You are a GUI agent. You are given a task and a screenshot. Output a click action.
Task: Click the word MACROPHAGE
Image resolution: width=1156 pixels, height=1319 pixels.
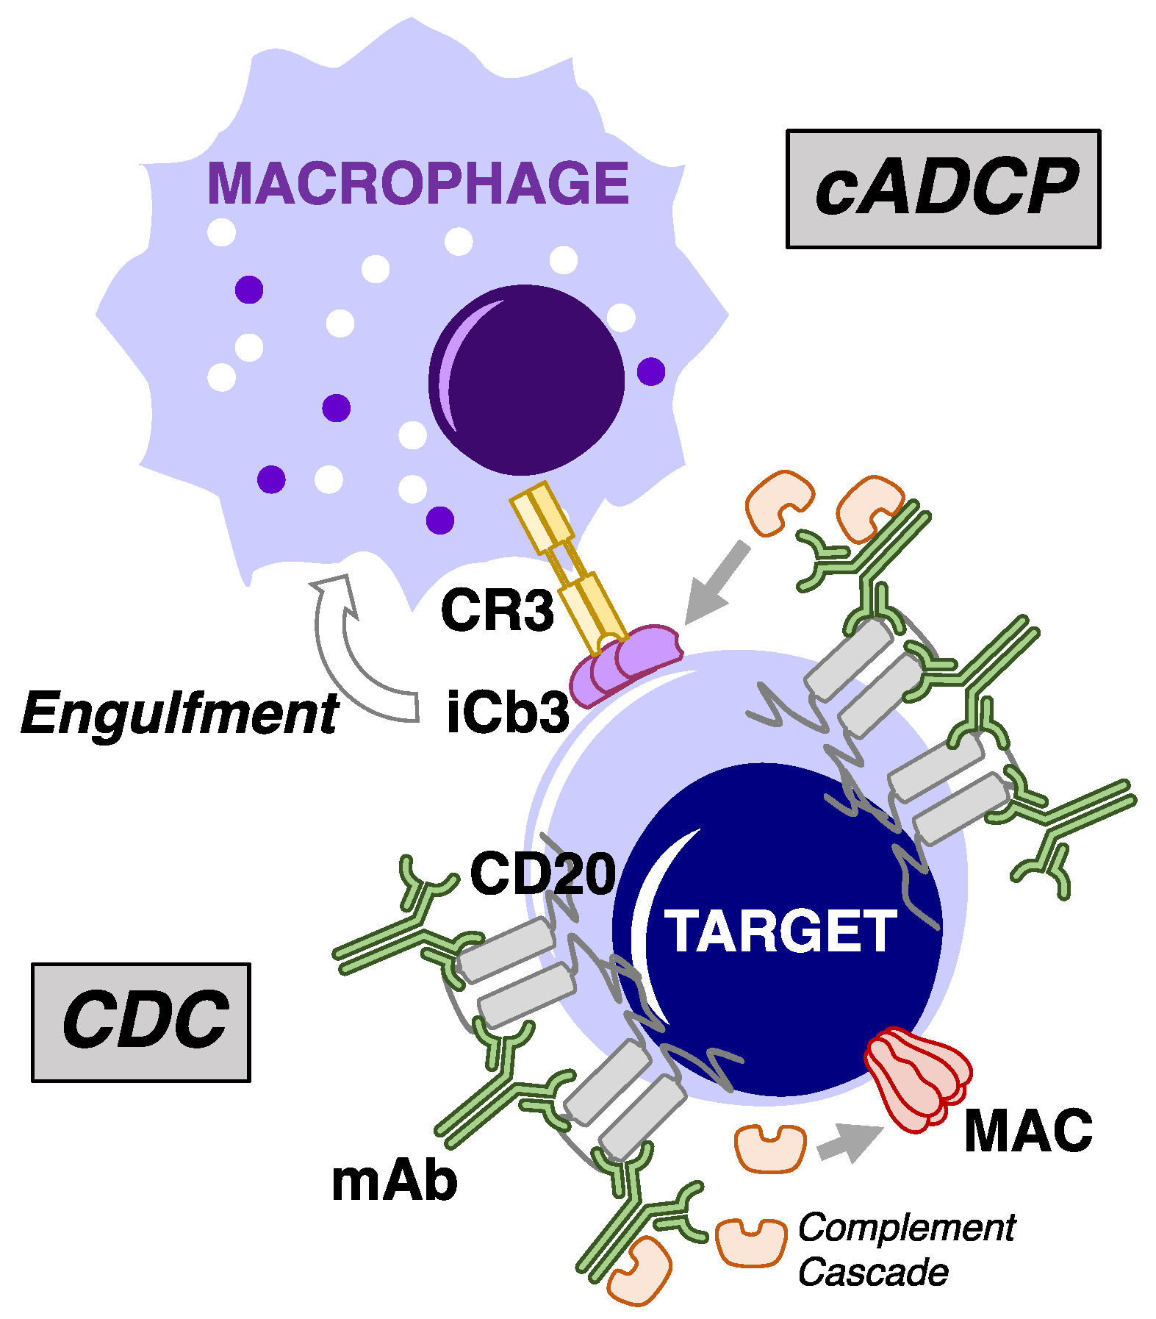(x=418, y=183)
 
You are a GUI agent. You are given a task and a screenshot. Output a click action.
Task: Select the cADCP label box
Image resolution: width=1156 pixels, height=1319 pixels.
(x=943, y=189)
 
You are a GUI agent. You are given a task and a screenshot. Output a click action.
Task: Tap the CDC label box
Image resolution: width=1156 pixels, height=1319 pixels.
(x=141, y=1022)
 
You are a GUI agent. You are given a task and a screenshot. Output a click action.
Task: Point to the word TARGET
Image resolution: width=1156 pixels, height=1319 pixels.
(x=780, y=932)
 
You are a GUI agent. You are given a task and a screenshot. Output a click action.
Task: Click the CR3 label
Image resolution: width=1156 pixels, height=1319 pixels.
(x=497, y=610)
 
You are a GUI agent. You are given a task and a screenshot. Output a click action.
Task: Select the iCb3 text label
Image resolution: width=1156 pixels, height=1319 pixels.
(x=508, y=713)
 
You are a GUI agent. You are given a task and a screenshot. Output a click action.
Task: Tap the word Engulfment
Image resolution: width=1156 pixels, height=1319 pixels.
(x=180, y=713)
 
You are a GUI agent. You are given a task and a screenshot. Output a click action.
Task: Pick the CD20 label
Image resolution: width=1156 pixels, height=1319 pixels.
(x=542, y=873)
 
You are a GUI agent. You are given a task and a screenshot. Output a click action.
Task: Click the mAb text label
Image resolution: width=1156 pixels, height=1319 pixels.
(x=394, y=1181)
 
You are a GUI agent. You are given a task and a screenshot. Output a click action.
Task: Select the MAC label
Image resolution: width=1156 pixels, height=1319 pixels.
(x=1027, y=1131)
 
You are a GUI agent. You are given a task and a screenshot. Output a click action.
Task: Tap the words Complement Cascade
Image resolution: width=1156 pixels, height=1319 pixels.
(x=905, y=1249)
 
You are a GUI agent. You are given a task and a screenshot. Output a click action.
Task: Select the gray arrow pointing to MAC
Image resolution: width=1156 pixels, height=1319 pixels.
(x=849, y=1143)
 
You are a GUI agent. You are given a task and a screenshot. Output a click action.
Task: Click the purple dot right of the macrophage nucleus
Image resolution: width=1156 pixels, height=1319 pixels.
(x=650, y=372)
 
